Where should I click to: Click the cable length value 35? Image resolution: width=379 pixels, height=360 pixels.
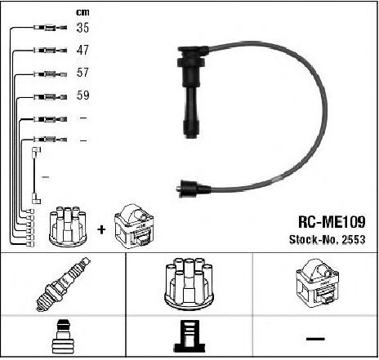tap(82, 28)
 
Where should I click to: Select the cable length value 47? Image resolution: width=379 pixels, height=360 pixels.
tap(82, 50)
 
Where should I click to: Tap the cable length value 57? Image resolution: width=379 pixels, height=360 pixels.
tap(82, 73)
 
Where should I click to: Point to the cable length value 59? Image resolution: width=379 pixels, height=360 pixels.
tap(82, 95)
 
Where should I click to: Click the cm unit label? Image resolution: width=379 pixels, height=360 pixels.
tap(82, 12)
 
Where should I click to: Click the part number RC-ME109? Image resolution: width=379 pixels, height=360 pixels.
tap(332, 222)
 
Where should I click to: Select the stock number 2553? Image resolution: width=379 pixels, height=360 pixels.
tap(354, 239)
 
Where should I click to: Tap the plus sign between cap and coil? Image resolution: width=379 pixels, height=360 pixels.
tap(101, 229)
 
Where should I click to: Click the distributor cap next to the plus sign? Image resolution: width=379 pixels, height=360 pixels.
tap(68, 227)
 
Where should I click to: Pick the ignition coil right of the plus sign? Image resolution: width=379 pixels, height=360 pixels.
tap(134, 226)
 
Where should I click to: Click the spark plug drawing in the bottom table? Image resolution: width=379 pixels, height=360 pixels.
tap(63, 284)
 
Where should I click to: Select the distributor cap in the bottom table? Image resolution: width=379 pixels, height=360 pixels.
tap(189, 284)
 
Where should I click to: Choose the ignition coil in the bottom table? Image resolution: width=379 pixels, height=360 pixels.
tap(317, 283)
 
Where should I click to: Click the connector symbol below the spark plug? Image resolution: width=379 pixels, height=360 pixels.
tap(63, 336)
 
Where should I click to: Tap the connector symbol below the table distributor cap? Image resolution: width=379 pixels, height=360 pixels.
tap(189, 336)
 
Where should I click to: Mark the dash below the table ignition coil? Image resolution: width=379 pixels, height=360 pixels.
tap(315, 339)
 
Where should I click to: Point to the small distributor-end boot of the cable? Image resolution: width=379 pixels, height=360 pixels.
tap(194, 189)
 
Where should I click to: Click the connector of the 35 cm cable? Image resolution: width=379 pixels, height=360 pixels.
tap(51, 28)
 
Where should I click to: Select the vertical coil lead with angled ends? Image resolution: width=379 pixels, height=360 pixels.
tap(34, 176)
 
